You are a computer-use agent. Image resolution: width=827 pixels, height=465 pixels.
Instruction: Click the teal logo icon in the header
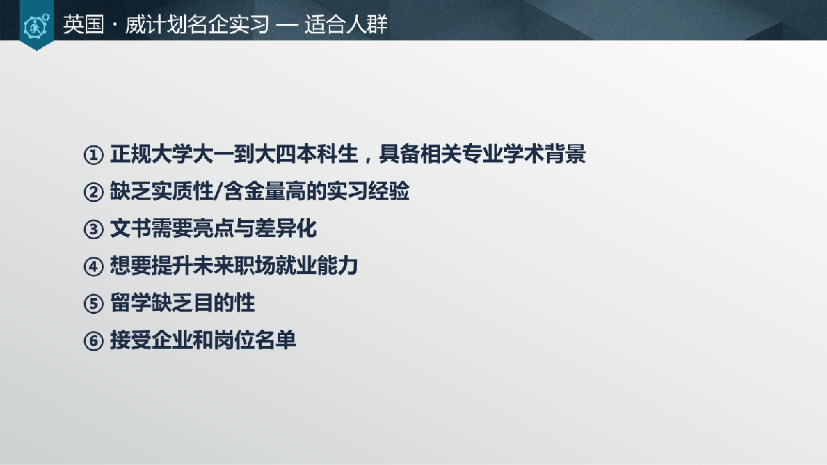[x=36, y=25]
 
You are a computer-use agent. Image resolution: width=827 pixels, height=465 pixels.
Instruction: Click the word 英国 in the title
[x=84, y=25]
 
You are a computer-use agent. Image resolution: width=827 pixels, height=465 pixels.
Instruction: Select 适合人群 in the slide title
[x=346, y=25]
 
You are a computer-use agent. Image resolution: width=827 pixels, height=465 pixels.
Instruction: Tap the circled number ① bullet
[x=93, y=155]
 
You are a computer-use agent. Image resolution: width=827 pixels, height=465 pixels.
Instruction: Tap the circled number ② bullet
[x=93, y=192]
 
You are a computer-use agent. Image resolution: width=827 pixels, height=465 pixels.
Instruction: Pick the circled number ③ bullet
[x=93, y=229]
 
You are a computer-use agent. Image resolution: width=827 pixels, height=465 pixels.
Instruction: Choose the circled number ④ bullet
[x=93, y=266]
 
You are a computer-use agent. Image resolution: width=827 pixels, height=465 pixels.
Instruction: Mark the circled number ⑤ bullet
[x=93, y=303]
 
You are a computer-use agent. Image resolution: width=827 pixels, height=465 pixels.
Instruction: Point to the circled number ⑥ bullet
[x=93, y=341]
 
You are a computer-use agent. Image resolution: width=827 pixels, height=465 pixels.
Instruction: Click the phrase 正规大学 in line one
[x=151, y=154]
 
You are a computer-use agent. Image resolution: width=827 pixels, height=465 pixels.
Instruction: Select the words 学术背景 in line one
[x=545, y=154]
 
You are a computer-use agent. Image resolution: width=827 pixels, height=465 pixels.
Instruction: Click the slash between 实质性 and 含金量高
[x=218, y=191]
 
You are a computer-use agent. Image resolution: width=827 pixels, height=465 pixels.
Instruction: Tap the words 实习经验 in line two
[x=368, y=191]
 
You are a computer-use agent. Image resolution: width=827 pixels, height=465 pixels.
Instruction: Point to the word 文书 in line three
[x=130, y=229]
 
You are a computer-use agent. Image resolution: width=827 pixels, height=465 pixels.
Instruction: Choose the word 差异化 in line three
[x=286, y=229]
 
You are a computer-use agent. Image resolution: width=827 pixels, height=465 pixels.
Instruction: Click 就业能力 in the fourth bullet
[x=316, y=265]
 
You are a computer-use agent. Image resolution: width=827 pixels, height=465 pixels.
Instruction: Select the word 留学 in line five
[x=130, y=303]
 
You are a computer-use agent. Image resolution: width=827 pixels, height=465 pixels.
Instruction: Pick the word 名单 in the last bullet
[x=276, y=340]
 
